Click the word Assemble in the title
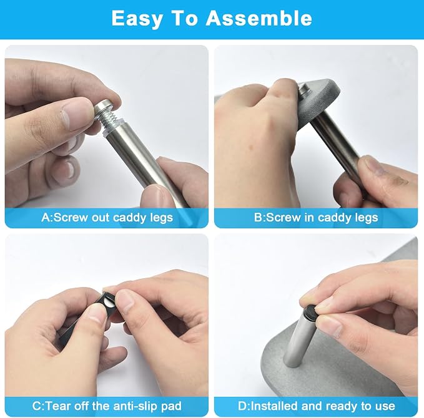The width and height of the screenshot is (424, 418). (259, 18)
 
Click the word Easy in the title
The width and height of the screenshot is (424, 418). (137, 19)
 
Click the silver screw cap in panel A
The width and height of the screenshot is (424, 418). (104, 108)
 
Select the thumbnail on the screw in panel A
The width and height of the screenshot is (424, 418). (74, 112)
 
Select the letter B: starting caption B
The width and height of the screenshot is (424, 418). (260, 218)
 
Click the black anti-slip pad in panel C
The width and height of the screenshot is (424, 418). (109, 301)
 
